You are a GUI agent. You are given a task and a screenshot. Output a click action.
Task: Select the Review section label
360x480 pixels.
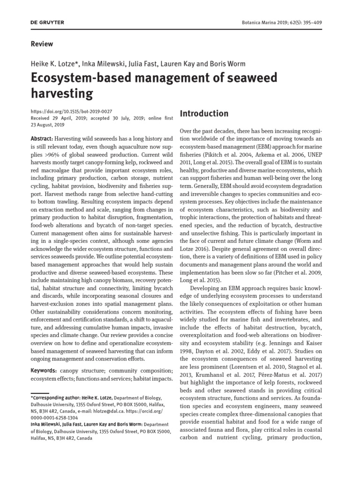[42, 44]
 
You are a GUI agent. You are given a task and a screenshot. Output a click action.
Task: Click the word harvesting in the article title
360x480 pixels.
[62, 94]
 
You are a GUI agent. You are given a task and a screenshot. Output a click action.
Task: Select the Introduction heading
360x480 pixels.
[204, 113]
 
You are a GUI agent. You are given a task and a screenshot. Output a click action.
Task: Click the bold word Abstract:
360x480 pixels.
[41, 139]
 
